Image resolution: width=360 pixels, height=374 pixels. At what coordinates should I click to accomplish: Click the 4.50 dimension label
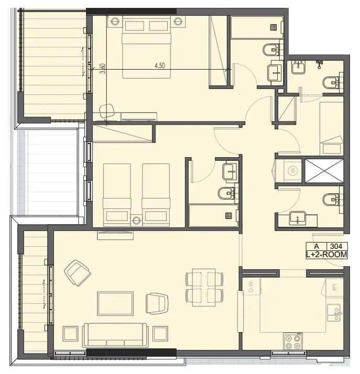point(159,65)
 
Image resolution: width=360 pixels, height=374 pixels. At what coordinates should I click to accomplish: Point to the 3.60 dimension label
point(103,69)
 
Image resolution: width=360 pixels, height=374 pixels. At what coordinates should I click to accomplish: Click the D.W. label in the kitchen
point(251,286)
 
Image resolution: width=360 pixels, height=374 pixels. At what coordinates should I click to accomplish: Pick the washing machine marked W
point(291,170)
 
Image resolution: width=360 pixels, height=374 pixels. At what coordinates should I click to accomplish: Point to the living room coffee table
point(115,303)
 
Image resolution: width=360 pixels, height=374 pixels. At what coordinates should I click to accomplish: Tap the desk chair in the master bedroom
point(107,111)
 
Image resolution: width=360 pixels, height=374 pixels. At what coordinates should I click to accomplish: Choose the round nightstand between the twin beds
point(136,220)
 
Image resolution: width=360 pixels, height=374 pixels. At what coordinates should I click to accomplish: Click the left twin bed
point(117,192)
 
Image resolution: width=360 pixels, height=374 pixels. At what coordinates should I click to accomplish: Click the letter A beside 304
point(317,246)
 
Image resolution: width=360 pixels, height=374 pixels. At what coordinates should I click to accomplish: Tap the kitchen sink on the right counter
point(332,313)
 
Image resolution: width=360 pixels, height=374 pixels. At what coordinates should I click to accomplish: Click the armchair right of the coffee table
point(157,302)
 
